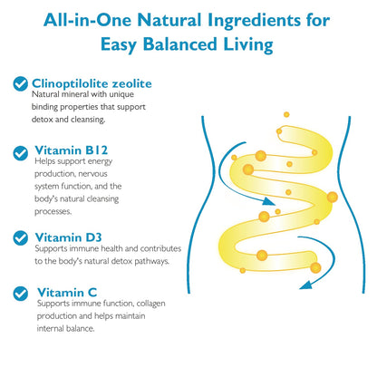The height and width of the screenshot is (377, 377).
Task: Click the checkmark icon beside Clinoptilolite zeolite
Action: coord(21,83)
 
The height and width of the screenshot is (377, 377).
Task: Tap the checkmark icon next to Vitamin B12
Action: coord(21,153)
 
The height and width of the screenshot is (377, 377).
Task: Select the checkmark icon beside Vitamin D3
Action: coord(21,238)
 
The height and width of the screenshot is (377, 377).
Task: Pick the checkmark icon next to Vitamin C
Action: coord(21,294)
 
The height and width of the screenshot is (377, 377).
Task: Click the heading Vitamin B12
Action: coord(72,150)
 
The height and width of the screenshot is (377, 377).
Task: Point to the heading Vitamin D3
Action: coord(68,237)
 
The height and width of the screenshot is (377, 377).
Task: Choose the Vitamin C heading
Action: coord(67,293)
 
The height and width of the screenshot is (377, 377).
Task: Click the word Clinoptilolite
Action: coord(70,83)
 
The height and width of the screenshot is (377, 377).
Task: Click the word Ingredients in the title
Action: coord(254,21)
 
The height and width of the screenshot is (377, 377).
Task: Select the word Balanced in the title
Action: coord(179,44)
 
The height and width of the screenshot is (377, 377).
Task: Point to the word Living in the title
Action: coord(248,44)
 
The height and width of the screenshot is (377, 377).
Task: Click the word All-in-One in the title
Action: coord(88,20)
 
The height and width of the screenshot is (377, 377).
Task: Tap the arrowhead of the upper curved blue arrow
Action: coord(268,201)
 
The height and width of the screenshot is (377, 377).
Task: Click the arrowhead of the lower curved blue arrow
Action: coord(305,285)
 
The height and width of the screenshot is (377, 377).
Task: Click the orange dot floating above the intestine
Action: coord(286,114)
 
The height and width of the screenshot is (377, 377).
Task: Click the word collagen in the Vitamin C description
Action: coord(150,304)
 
